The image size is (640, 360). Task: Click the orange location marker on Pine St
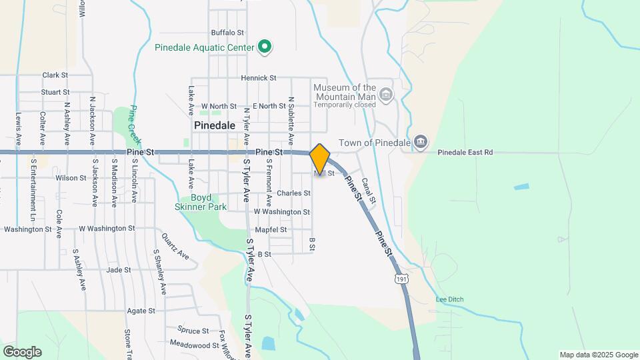coord(319,159)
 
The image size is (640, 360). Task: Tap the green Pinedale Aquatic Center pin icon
coord(265,47)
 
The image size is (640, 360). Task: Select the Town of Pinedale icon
coord(420,141)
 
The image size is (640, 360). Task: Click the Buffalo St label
coord(227,32)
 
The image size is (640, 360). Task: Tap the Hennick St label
coord(259,78)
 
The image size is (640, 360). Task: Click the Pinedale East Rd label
coord(465,153)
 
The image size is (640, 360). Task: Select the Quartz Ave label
coord(175,246)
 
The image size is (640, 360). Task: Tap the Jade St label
coord(118,270)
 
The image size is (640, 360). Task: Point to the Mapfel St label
coord(271,229)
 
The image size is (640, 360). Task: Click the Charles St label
coord(293,193)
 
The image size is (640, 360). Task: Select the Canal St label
coord(369,191)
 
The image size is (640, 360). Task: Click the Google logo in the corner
coord(22,351)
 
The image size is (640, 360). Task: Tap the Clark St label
coord(55,75)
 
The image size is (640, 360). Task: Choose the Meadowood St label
coord(194,345)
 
